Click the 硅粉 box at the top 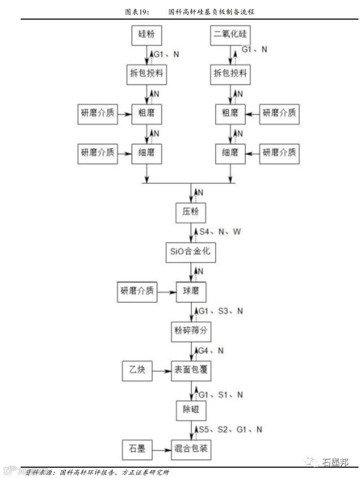click(x=147, y=36)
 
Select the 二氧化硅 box click(x=230, y=36)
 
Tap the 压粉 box click(x=191, y=212)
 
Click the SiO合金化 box click(x=191, y=252)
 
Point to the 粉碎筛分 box click(x=191, y=330)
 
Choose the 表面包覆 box click(x=191, y=370)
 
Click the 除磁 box click(x=191, y=410)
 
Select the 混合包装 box click(x=191, y=449)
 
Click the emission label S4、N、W click(x=220, y=232)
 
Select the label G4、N click(x=212, y=350)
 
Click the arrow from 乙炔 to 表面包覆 click(x=162, y=370)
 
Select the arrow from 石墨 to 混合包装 click(x=162, y=449)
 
